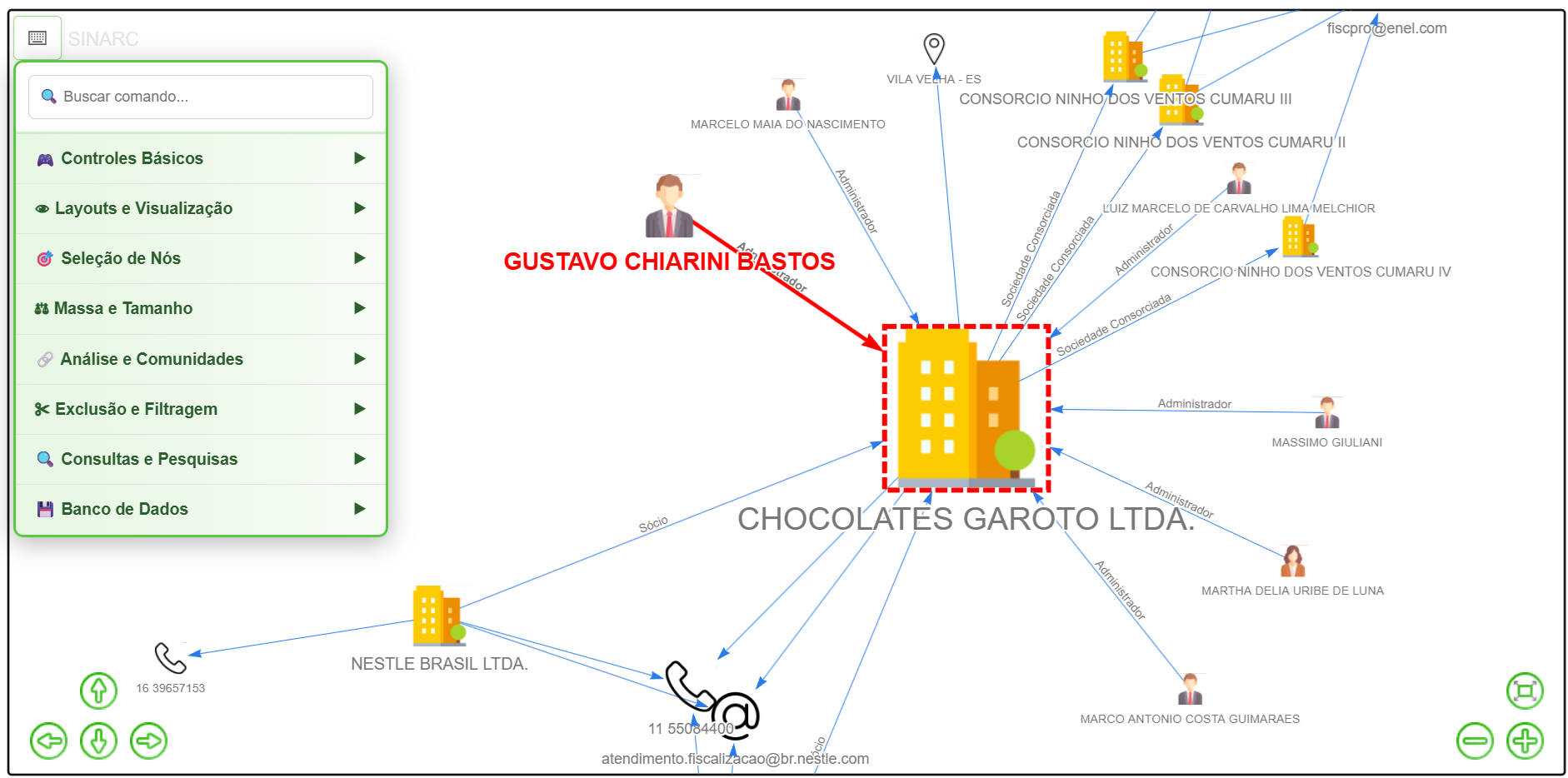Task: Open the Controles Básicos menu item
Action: click(200, 158)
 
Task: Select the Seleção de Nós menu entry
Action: click(200, 258)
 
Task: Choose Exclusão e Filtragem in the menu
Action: click(200, 409)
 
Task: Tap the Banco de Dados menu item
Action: click(200, 509)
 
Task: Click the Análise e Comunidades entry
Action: click(200, 359)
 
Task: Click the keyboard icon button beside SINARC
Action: click(37, 37)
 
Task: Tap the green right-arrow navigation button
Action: click(149, 741)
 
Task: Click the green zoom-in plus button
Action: click(1525, 741)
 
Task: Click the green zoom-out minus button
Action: click(1475, 741)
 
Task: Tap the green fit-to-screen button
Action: click(1525, 691)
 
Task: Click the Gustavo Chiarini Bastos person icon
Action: click(669, 207)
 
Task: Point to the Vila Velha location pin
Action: click(934, 48)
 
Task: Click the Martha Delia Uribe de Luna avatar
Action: click(1292, 561)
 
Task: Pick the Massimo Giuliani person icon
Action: click(1326, 412)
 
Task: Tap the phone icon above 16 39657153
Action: click(170, 657)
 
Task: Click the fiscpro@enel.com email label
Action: click(1386, 28)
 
